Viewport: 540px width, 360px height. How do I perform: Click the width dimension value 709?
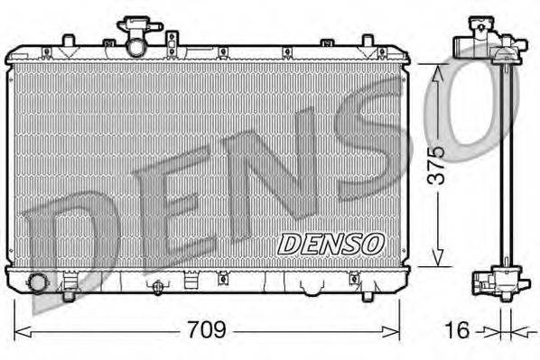(x=208, y=331)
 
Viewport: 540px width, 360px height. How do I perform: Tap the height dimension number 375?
(x=436, y=165)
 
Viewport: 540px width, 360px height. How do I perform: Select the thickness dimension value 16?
(x=459, y=331)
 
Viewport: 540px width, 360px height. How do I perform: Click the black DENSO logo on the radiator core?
(x=331, y=243)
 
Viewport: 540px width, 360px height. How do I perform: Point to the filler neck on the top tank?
(x=136, y=37)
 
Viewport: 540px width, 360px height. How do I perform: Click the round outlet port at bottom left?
(x=37, y=283)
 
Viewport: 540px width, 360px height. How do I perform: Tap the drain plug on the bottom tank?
(x=159, y=288)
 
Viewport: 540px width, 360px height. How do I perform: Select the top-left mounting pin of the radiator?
(x=68, y=41)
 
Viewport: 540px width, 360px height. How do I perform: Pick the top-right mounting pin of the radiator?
(x=368, y=41)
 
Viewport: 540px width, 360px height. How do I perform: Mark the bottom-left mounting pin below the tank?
(x=68, y=294)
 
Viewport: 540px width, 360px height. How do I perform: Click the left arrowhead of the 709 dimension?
(x=21, y=331)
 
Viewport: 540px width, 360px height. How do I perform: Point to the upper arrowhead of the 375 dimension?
(x=437, y=71)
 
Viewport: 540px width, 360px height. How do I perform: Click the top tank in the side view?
(x=488, y=42)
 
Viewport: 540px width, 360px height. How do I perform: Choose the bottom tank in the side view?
(x=497, y=282)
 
